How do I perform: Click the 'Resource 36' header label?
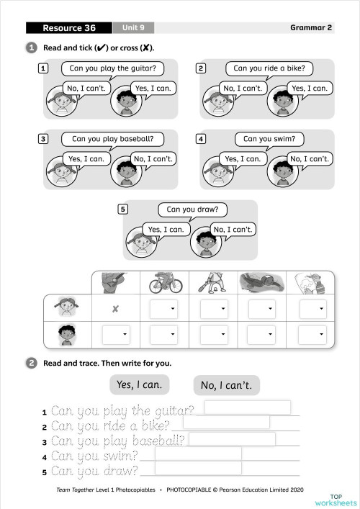point(69,28)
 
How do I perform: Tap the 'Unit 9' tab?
point(133,28)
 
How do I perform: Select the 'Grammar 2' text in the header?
point(311,28)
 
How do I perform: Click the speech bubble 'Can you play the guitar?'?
point(112,69)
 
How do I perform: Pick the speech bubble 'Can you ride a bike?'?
point(269,69)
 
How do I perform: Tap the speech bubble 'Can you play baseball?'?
point(112,139)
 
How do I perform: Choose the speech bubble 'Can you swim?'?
point(269,139)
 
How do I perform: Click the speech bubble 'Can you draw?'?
point(192,210)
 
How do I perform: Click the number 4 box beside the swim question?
point(201,139)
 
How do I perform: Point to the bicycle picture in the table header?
point(165,283)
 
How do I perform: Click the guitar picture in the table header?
point(115,283)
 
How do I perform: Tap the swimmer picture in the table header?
point(261,283)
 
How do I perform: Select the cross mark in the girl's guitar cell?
point(115,309)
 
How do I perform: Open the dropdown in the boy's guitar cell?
point(116,335)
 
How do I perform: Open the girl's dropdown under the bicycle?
point(165,309)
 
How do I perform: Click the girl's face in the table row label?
point(67,309)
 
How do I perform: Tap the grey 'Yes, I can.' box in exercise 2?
point(140,384)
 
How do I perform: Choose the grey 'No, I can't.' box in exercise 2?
point(226,385)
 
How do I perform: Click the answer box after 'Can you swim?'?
point(198,454)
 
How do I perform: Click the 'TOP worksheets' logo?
point(343,499)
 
